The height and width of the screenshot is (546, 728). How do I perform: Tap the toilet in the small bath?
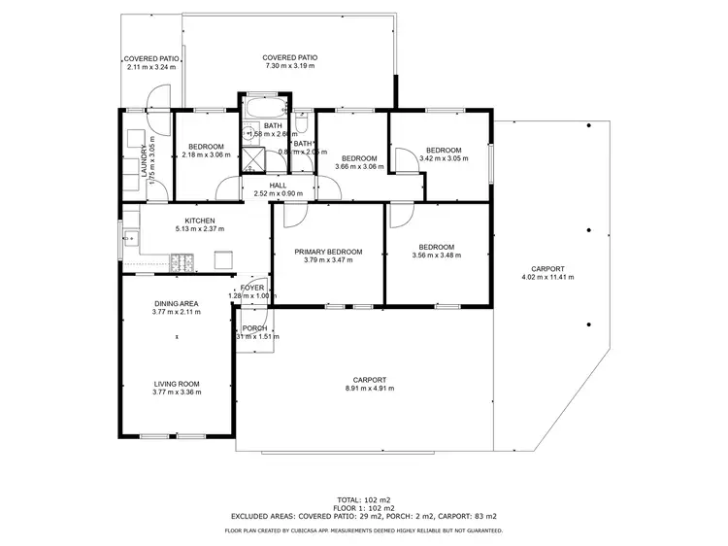coord(303,123)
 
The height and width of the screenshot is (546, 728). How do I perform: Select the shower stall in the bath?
coord(252,157)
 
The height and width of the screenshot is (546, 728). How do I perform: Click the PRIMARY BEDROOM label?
coord(328,252)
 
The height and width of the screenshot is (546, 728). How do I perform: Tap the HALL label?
coord(279,185)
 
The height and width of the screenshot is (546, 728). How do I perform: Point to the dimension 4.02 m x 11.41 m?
coord(547,278)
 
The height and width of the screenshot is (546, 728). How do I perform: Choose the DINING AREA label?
coord(176,304)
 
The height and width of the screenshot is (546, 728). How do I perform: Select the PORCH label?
coord(254,328)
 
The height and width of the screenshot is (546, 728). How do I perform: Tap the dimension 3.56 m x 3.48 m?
coord(436,256)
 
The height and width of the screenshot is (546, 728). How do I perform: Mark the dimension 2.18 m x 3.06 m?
coord(205,155)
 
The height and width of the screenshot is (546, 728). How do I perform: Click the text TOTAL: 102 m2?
coord(364,497)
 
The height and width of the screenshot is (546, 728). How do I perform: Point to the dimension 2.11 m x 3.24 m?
coord(149,67)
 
